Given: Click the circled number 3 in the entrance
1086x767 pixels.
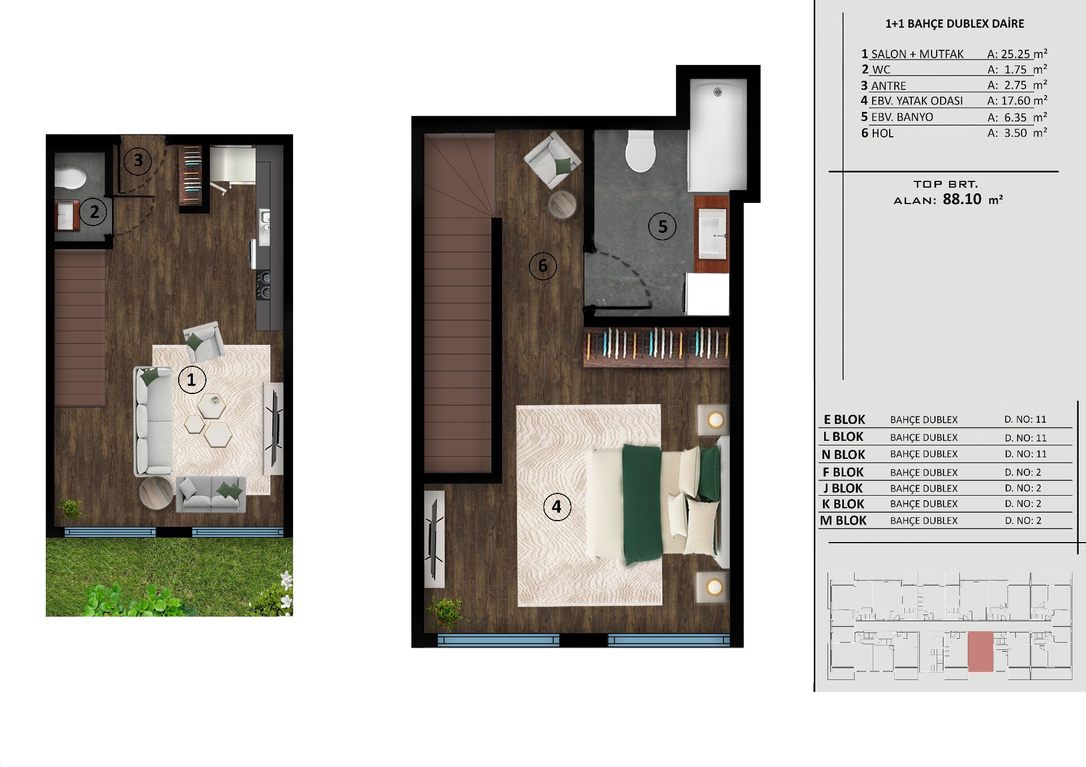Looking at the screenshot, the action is pos(138,161).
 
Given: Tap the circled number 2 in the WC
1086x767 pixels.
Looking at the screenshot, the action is pos(94,212).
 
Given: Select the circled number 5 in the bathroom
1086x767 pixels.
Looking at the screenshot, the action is pos(662,226).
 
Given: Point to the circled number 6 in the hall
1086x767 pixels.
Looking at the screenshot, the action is pos(543,266).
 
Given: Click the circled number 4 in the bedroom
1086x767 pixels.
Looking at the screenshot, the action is pos(557,506).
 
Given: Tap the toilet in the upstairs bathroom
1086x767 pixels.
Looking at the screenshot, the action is pos(641,151).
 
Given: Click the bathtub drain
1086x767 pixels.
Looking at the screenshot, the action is pos(718,92).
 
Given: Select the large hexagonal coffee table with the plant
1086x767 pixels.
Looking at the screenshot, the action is pos(212,405).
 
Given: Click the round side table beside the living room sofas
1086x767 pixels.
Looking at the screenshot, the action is pos(156,493).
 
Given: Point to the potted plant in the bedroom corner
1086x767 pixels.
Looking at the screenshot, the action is pos(447,612).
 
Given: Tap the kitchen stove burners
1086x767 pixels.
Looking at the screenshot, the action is pos(264,285).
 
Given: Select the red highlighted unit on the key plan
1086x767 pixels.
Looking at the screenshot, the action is pos(981,652).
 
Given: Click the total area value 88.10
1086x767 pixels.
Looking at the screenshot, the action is pos(962,199).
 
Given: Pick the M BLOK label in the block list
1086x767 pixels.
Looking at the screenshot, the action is pos(843,521).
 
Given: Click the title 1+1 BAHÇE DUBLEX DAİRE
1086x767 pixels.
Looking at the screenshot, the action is pos(955,24).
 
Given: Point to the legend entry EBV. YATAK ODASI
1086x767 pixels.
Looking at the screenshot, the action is pos(917,101).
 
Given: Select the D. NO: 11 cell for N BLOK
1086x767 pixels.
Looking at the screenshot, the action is pos(1025,454).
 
